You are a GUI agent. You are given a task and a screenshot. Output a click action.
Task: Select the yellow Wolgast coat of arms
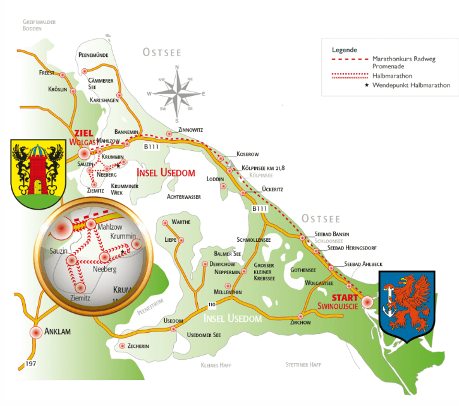(38, 172)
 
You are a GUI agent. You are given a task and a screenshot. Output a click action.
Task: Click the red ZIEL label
(84, 133)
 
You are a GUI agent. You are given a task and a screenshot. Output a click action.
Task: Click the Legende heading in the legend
(345, 49)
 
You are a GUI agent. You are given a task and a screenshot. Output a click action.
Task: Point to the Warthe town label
(181, 222)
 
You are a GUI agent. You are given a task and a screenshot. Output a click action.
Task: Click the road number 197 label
(30, 364)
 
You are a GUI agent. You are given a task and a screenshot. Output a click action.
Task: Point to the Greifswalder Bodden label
(39, 25)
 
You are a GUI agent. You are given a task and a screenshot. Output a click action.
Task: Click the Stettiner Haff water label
(303, 365)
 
